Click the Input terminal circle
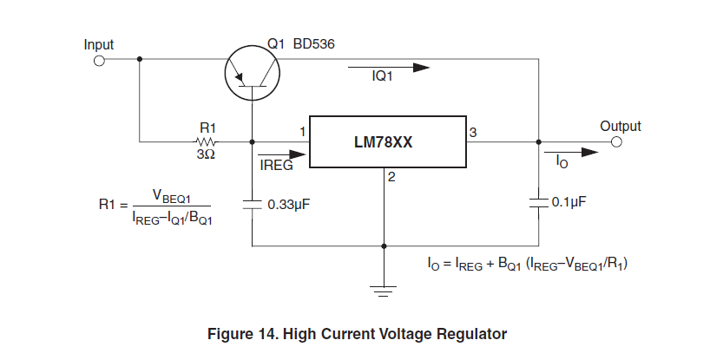[x=98, y=61]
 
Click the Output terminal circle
[x=616, y=142]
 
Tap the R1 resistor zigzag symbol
[x=207, y=142]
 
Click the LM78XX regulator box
[x=389, y=142]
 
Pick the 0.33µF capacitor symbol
[x=252, y=205]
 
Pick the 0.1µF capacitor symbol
[x=539, y=202]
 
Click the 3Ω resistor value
[x=207, y=154]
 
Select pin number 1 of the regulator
[x=302, y=132]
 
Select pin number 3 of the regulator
[x=473, y=132]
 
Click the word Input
[x=98, y=44]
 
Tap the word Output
[x=620, y=126]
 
